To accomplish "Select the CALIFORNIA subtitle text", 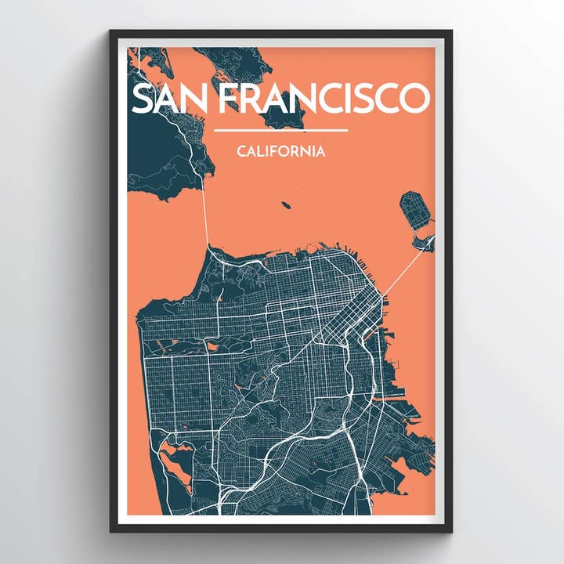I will [280, 151].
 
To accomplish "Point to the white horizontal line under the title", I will [280, 130].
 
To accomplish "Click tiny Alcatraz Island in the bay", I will [286, 205].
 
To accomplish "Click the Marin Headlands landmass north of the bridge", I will [168, 157].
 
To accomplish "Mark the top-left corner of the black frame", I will [111, 31].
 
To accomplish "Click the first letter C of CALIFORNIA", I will [240, 151].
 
